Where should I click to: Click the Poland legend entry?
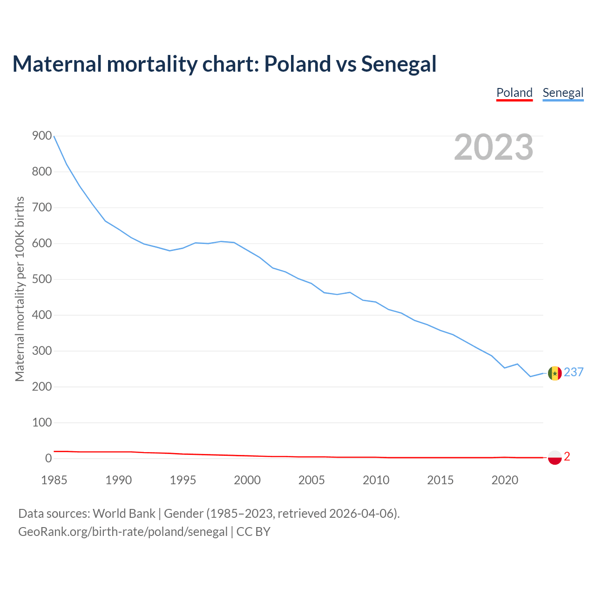514,93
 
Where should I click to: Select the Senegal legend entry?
563,93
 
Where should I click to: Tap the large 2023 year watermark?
494,147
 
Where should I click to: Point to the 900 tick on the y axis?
42,136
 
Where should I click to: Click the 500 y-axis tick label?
42,279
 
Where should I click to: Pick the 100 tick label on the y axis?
42,423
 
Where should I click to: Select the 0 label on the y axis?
48,459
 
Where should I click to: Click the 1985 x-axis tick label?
54,480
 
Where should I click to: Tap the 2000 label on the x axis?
247,480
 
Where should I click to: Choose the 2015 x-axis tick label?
440,480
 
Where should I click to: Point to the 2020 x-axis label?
505,480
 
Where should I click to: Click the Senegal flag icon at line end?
555,373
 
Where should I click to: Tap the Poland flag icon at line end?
555,458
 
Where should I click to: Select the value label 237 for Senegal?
574,372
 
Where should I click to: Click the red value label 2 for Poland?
567,457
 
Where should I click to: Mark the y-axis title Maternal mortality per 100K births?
20,289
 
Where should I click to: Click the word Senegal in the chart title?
399,64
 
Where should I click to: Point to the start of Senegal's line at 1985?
54,136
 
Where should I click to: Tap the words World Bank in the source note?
124,514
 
